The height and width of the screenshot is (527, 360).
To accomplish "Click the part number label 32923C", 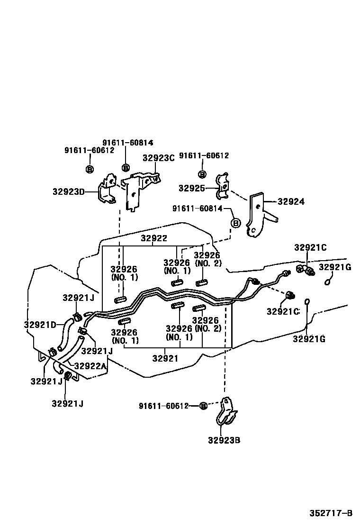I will [x=159, y=158].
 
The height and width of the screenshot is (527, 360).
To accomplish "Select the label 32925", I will [x=191, y=188].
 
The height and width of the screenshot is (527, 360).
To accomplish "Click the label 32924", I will [x=291, y=201].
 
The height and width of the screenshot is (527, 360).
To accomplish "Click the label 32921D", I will [x=40, y=325].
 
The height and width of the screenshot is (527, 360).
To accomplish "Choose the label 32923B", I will [x=224, y=440].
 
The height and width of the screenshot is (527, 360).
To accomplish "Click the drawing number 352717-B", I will [x=331, y=513].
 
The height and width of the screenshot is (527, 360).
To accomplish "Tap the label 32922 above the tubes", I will [x=154, y=238].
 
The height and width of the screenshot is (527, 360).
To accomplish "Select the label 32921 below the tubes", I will [x=165, y=358].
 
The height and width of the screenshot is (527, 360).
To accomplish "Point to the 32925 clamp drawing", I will [x=222, y=187].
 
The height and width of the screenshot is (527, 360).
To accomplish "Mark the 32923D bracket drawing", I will [x=108, y=191].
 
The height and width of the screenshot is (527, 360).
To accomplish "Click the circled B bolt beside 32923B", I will [x=203, y=406].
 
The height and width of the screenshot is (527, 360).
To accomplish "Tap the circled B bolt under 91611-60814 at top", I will [x=126, y=167].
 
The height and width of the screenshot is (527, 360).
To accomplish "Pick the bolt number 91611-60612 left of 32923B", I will [x=164, y=406].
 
